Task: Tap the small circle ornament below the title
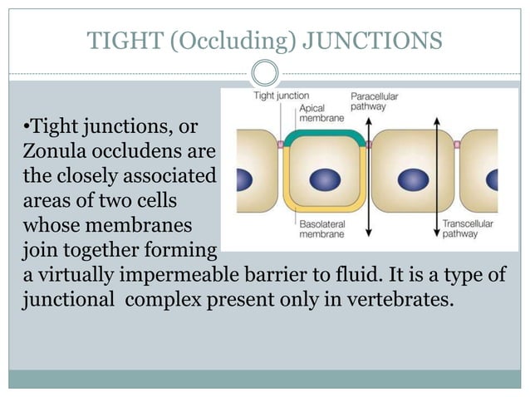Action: point(264,73)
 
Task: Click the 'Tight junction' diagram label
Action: point(281,96)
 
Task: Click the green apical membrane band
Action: point(324,134)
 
